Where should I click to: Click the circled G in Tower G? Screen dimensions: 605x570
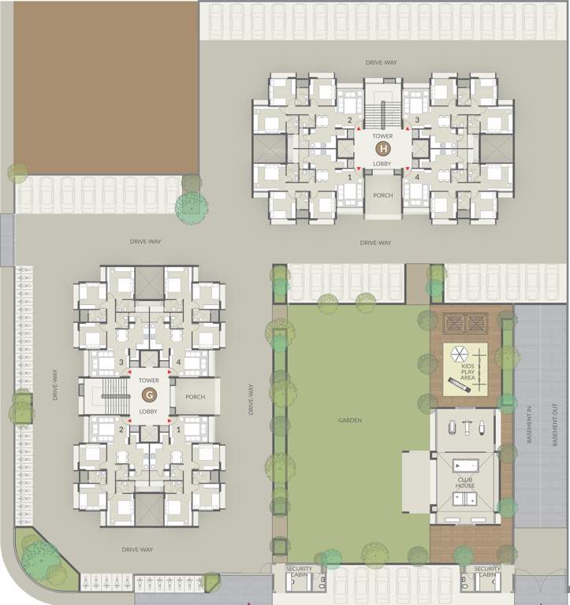pyautogui.click(x=149, y=395)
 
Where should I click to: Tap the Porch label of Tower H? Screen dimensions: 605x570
pyautogui.click(x=383, y=196)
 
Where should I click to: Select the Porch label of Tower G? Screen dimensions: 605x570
pyautogui.click(x=196, y=396)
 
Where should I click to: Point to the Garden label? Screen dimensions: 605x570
pyautogui.click(x=350, y=421)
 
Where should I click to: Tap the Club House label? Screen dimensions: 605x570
pyautogui.click(x=465, y=481)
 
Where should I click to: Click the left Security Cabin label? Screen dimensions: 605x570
pyautogui.click(x=299, y=572)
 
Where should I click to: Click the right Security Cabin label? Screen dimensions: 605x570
pyautogui.click(x=488, y=572)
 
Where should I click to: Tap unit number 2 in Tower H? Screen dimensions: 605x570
pyautogui.click(x=349, y=120)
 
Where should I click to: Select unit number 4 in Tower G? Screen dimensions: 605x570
pyautogui.click(x=179, y=362)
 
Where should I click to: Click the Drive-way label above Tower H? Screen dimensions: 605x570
pyautogui.click(x=381, y=61)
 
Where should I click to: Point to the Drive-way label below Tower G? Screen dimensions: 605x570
pyautogui.click(x=137, y=549)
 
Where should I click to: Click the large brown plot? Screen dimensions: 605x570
pyautogui.click(x=106, y=87)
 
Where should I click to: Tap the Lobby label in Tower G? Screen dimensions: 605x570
pyautogui.click(x=149, y=411)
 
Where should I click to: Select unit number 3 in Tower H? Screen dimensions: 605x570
pyautogui.click(x=418, y=120)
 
